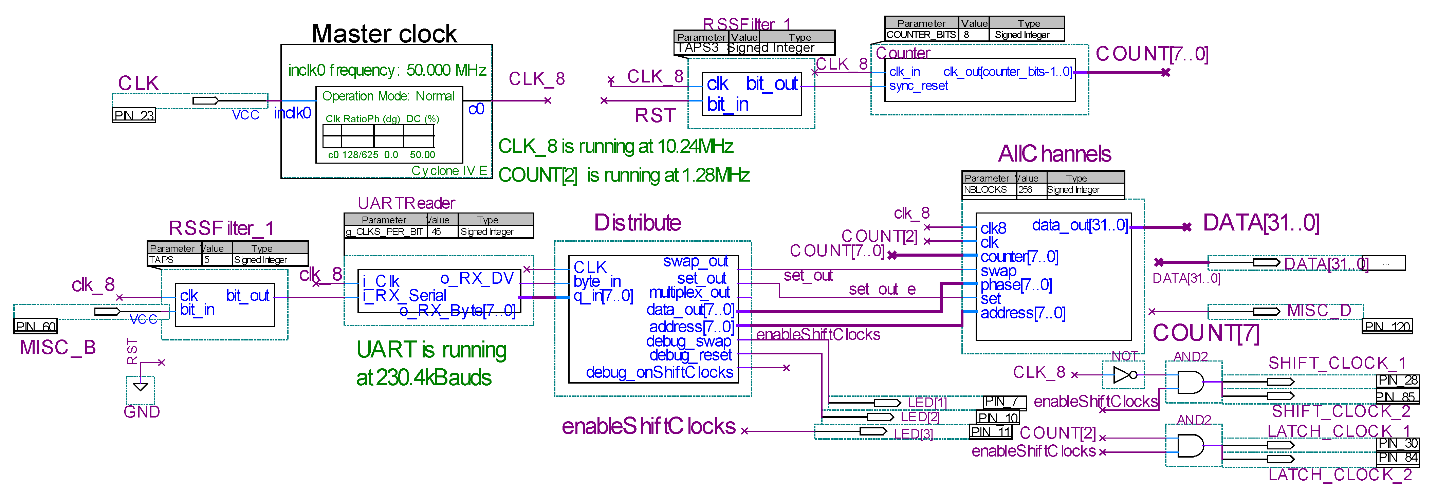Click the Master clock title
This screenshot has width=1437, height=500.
(x=384, y=34)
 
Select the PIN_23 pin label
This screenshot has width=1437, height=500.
(x=133, y=115)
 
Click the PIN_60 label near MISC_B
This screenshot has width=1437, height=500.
(x=35, y=327)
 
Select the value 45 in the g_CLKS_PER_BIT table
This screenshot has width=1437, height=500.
(x=436, y=232)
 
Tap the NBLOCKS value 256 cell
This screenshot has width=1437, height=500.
(x=1025, y=190)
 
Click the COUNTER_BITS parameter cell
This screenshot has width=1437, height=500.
(x=921, y=35)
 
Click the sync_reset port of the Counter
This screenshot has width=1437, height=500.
(x=918, y=86)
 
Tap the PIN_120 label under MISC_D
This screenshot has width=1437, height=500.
(x=1387, y=327)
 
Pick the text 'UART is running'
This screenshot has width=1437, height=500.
(x=431, y=350)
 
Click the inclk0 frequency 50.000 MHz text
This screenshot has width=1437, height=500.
(x=387, y=70)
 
